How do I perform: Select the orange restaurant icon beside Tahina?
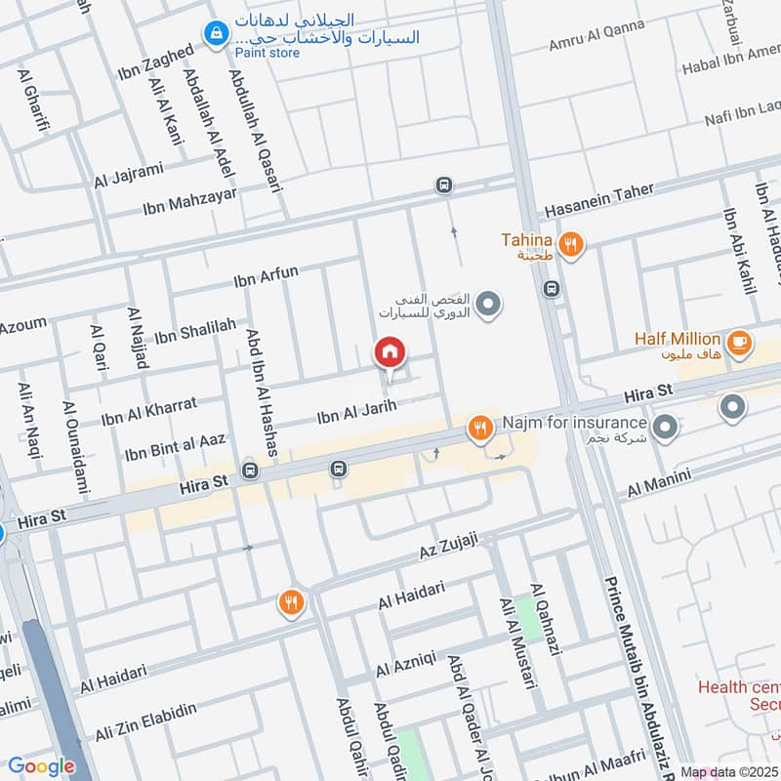[571, 244]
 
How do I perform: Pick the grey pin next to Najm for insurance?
[666, 426]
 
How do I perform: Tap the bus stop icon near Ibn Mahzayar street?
[444, 185]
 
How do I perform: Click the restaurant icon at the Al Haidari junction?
[290, 603]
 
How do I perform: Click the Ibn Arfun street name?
[266, 278]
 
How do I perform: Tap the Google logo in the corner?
[41, 766]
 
